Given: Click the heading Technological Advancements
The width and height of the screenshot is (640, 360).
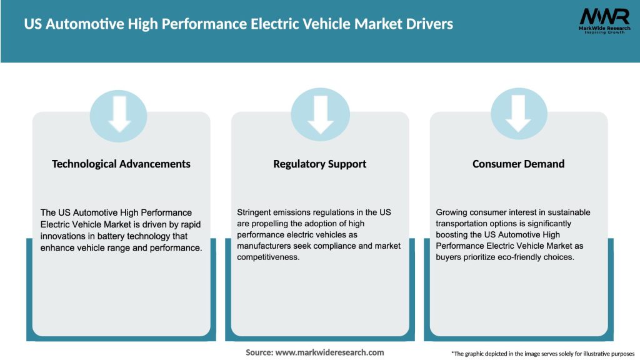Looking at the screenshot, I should pyautogui.click(x=121, y=164).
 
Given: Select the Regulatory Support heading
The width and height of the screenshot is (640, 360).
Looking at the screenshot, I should pyautogui.click(x=320, y=164).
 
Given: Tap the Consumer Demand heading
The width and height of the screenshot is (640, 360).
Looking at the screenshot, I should pyautogui.click(x=518, y=164).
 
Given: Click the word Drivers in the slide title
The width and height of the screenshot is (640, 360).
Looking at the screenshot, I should pyautogui.click(x=427, y=24).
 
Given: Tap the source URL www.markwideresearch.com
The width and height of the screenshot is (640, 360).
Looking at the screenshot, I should pyautogui.click(x=330, y=352).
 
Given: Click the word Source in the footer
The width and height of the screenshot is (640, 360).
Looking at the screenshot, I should pyautogui.click(x=259, y=352).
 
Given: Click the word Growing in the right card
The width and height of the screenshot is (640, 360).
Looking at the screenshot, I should pyautogui.click(x=452, y=212).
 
